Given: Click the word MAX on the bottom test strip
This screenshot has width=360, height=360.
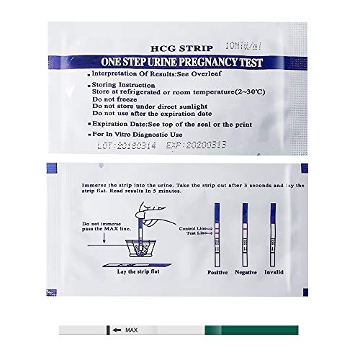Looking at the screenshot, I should tap(132, 330).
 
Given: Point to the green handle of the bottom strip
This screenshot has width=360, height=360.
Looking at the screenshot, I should tap(252, 330).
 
